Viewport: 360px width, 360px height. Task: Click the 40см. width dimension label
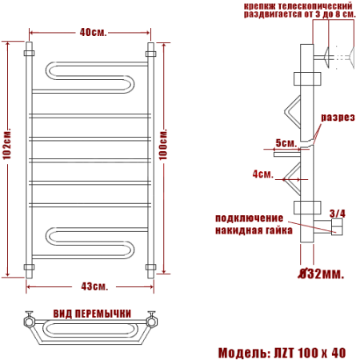tap(93, 33)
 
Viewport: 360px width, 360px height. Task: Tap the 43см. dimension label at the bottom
tap(94, 286)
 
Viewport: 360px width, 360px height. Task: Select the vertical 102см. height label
tap(7, 144)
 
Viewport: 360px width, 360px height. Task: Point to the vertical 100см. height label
tap(163, 145)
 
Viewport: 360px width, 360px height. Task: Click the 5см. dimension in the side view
tap(286, 143)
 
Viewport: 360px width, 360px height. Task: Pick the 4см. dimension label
tap(263, 174)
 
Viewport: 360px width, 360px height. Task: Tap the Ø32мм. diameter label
tap(321, 274)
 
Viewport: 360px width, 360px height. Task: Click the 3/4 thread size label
tap(338, 214)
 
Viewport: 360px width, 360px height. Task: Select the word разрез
tap(338, 118)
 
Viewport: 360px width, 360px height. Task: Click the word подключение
tap(249, 218)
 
